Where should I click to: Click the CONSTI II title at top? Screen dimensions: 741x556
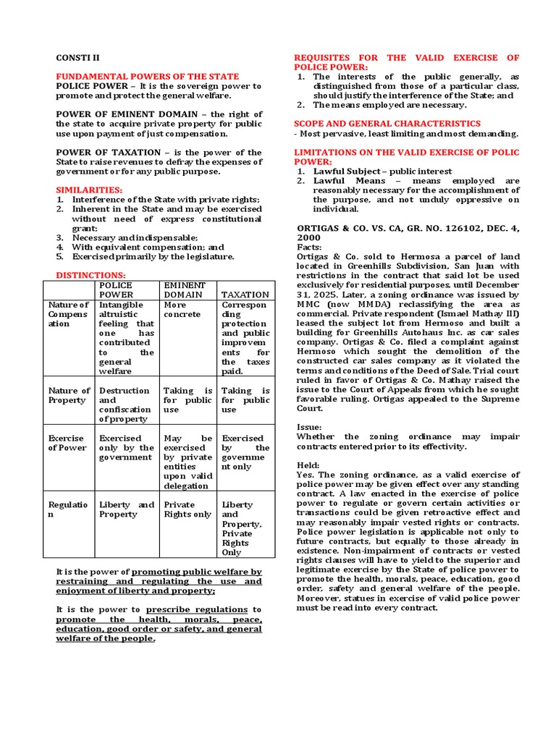click(x=77, y=57)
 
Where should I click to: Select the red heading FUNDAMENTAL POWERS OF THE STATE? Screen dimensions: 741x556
click(x=148, y=76)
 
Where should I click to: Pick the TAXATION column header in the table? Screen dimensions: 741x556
click(x=245, y=295)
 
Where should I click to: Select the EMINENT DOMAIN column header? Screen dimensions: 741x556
click(x=185, y=290)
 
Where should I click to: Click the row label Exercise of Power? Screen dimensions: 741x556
click(x=69, y=443)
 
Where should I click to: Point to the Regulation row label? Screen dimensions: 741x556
click(x=69, y=509)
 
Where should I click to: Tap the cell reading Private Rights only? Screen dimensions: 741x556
click(x=187, y=509)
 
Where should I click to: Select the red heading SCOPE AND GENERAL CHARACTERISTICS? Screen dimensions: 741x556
click(x=387, y=124)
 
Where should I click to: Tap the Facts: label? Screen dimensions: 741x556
click(x=311, y=247)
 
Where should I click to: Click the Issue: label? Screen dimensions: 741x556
click(x=310, y=427)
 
